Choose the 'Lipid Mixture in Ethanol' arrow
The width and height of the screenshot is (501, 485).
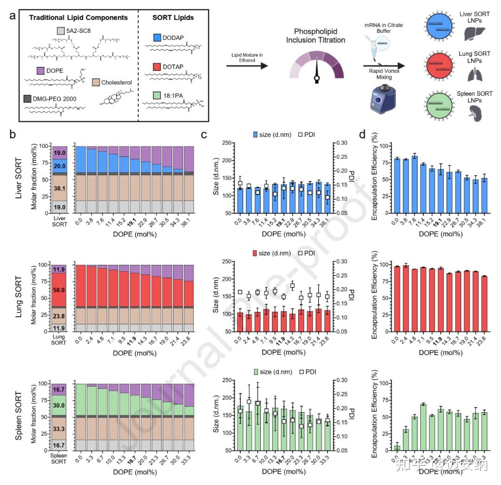click(x=247, y=65)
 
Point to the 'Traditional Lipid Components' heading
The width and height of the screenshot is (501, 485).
click(x=78, y=18)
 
